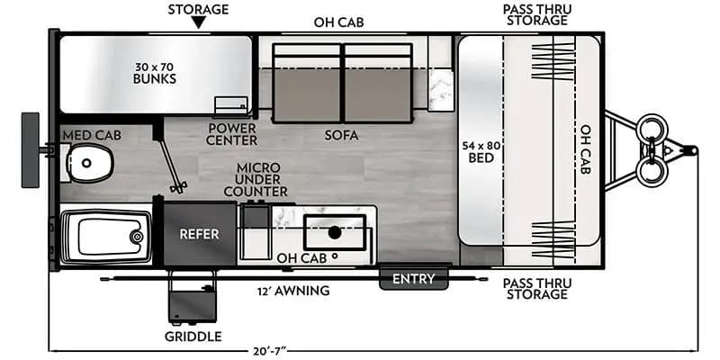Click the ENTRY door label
(414, 279)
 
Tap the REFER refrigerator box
(200, 233)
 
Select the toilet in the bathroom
(88, 162)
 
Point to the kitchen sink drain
(335, 232)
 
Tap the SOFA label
(342, 136)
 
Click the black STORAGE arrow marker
(198, 27)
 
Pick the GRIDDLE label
(193, 337)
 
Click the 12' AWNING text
(292, 291)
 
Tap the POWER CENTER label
(231, 134)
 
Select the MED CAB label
(86, 136)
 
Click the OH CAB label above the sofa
(338, 22)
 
